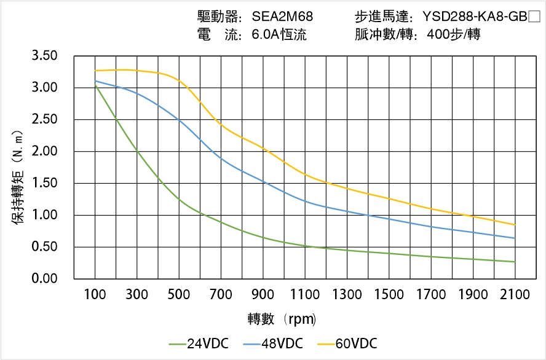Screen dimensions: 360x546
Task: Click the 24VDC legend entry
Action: click(198, 343)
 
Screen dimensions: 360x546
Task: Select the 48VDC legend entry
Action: click(273, 343)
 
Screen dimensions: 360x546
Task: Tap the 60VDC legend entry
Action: click(347, 343)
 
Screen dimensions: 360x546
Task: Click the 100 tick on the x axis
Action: click(95, 295)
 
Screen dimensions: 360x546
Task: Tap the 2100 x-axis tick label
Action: click(515, 295)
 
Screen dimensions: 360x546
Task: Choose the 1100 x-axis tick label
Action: click(305, 295)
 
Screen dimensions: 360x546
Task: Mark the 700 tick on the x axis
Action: click(221, 295)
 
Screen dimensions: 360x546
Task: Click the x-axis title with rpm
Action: click(282, 319)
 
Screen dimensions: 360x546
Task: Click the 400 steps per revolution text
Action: click(453, 35)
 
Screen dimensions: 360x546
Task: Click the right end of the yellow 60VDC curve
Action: click(515, 225)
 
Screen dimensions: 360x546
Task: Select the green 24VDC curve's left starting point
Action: click(95, 85)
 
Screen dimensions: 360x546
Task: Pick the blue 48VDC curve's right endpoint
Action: click(515, 238)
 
